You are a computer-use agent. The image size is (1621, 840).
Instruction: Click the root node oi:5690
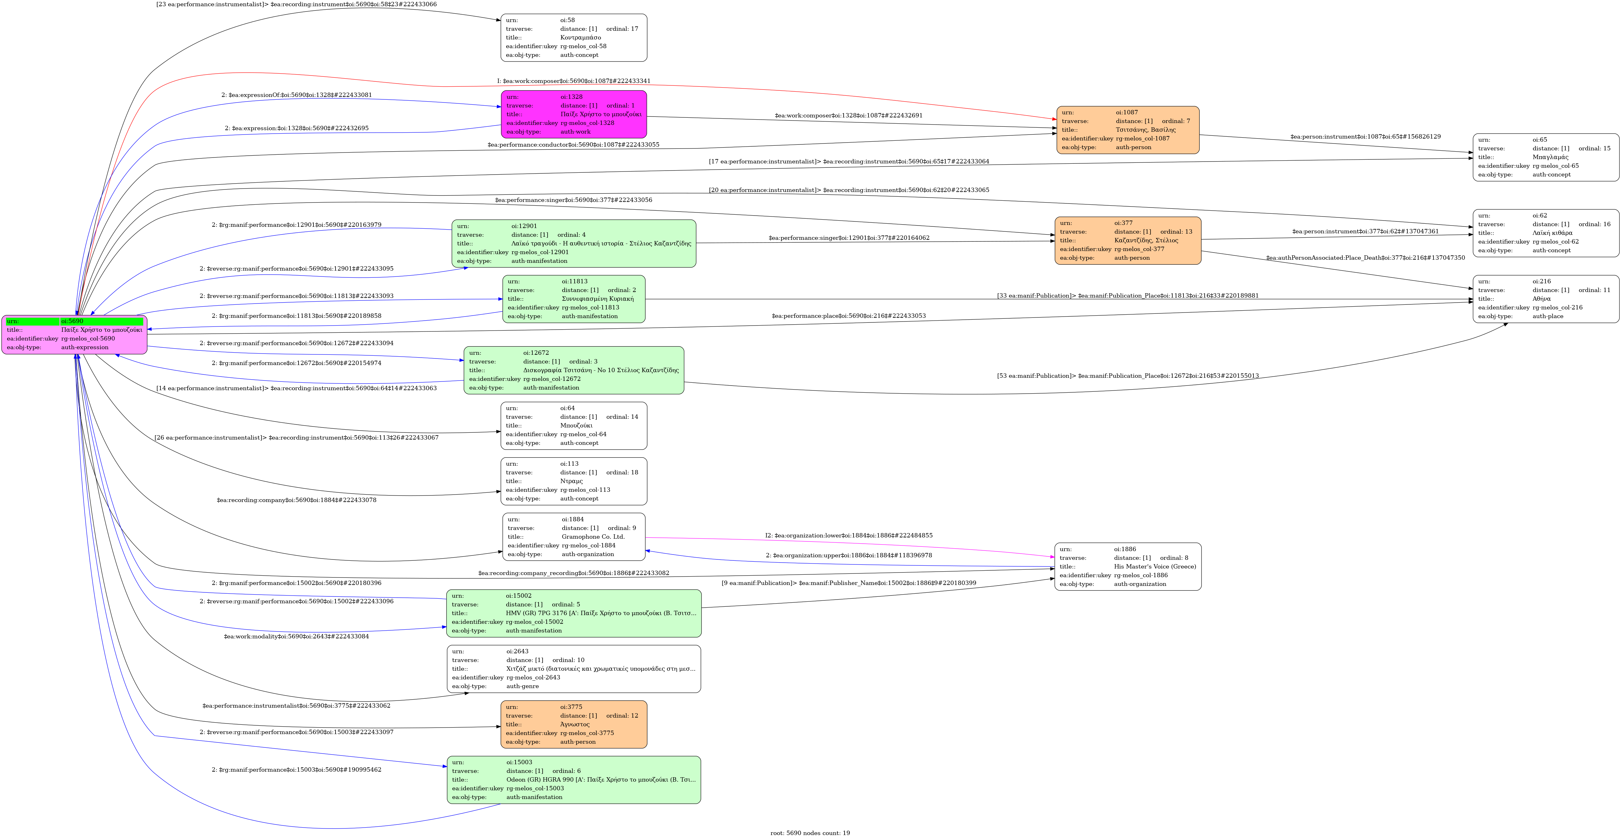tap(74, 335)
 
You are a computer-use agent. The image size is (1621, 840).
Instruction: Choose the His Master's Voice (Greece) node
tap(1128, 567)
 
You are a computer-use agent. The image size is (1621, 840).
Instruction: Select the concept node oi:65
tap(1545, 157)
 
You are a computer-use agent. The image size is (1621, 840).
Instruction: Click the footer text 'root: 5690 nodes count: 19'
tap(810, 833)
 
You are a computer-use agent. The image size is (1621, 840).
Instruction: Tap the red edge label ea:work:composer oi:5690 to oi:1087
tap(573, 81)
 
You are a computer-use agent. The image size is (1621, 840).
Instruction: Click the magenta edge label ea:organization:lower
tap(848, 536)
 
